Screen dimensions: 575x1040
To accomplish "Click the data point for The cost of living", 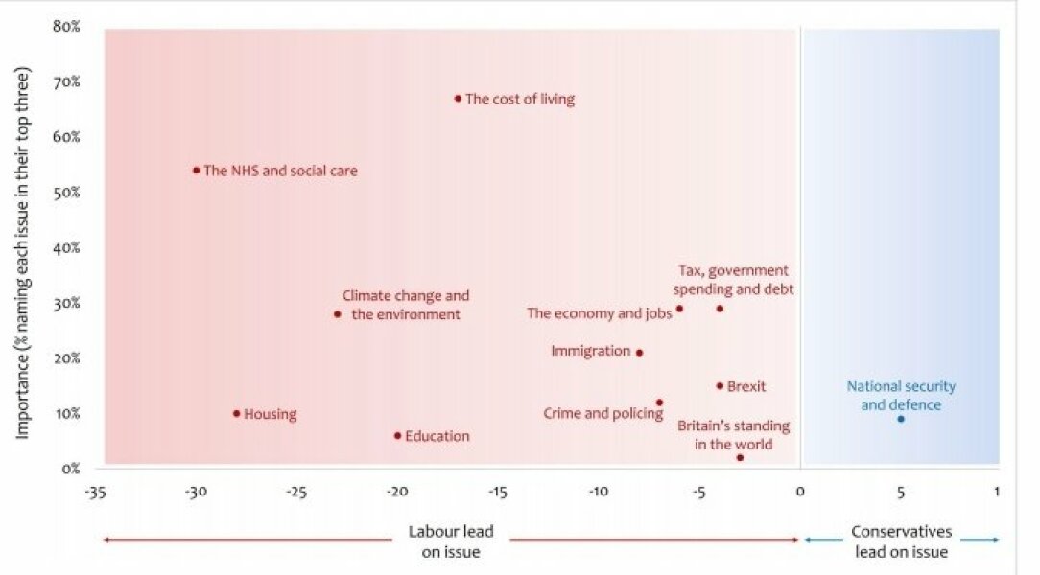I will click(x=458, y=98).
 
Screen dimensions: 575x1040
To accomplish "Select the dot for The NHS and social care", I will click(x=196, y=171).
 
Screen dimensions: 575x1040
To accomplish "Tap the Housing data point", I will click(x=236, y=414).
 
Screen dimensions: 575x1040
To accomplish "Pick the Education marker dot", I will click(x=397, y=436).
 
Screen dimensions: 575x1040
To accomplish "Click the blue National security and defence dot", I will click(x=900, y=419).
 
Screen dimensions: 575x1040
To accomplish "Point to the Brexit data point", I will click(x=720, y=386).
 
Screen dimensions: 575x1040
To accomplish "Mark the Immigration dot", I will click(x=639, y=353).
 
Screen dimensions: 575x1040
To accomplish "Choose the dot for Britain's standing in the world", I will click(x=740, y=458).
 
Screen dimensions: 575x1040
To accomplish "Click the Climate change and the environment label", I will click(x=406, y=305).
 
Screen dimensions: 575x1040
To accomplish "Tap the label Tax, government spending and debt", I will click(x=733, y=280).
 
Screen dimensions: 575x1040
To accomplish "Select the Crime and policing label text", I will click(x=603, y=414).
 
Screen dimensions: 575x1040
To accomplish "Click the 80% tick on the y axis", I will click(x=66, y=26).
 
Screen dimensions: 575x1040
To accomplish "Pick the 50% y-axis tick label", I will click(x=66, y=192).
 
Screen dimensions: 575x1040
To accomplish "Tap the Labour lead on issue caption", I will click(x=444, y=541).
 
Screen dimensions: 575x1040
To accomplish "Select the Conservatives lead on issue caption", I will click(x=900, y=541).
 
